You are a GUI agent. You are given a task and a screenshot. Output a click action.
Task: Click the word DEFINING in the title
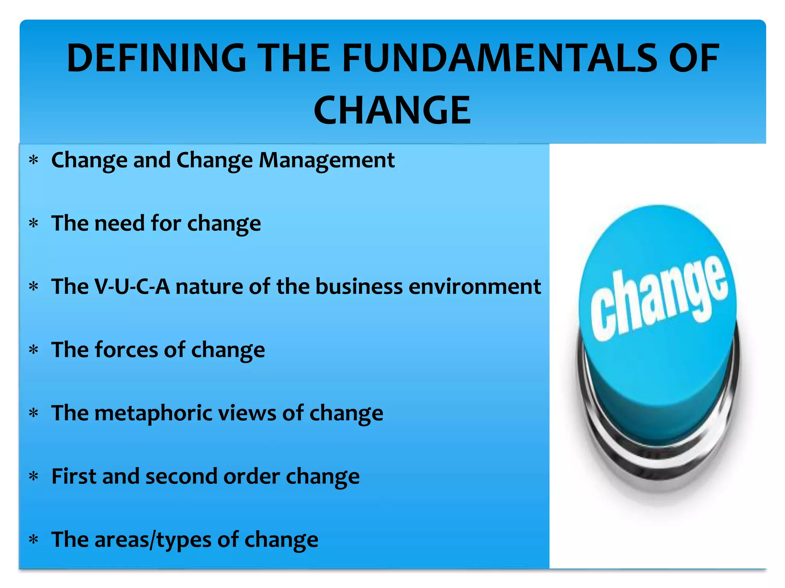coord(156,58)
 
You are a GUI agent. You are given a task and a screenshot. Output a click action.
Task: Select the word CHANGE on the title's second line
coord(392,111)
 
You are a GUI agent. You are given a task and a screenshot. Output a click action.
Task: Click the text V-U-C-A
coord(132,286)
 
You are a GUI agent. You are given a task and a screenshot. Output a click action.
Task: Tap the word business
coord(359,286)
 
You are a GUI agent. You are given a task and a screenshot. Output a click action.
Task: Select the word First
coord(74,476)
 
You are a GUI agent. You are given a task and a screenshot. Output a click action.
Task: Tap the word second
coord(181,476)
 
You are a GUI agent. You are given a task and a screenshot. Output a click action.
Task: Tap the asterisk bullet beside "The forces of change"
coord(34,350)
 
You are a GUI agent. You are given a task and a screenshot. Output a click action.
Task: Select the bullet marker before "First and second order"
coord(34,476)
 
